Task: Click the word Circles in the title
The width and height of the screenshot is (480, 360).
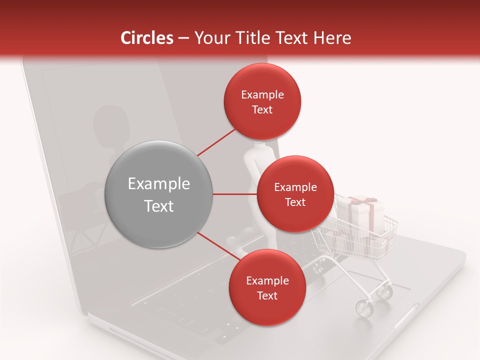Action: click(146, 38)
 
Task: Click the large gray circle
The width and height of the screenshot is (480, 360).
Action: click(159, 194)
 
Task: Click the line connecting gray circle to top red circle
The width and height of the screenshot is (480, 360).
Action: click(217, 142)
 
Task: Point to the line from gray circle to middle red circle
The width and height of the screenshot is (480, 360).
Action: click(235, 194)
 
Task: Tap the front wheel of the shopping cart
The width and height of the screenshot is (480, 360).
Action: click(364, 309)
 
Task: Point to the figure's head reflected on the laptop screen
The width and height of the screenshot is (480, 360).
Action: click(110, 120)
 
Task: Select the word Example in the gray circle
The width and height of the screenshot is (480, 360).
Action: click(159, 184)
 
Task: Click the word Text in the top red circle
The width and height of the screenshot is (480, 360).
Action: click(262, 109)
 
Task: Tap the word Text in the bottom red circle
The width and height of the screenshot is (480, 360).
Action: click(267, 295)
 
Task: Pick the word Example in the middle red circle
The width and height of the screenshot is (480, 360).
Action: click(295, 187)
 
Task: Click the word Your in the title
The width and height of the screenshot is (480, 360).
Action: click(210, 38)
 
